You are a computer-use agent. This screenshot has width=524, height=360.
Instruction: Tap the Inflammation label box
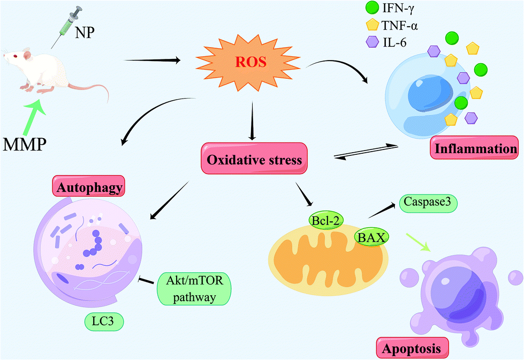point(476,149)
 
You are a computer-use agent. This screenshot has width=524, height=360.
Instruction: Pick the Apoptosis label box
point(412,348)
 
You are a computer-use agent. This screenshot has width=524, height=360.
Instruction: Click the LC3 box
point(105,321)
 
